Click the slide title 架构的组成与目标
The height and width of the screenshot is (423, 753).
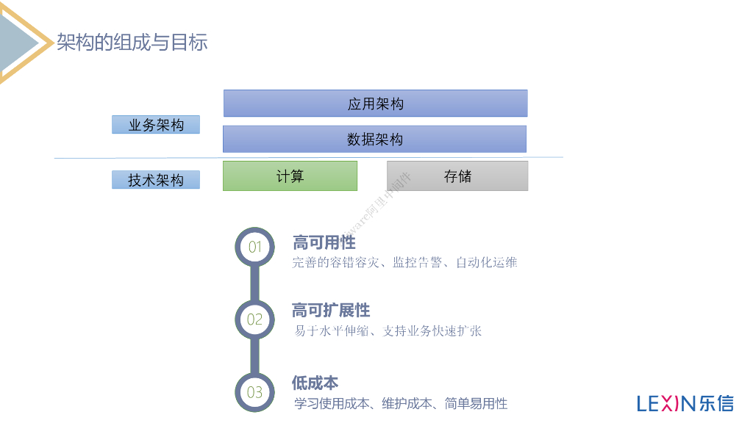click(x=132, y=42)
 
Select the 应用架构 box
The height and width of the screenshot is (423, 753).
click(x=375, y=104)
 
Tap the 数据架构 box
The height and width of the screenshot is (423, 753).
click(x=374, y=140)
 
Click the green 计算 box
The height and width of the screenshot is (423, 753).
click(x=290, y=176)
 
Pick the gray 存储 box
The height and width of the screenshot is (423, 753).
click(x=457, y=176)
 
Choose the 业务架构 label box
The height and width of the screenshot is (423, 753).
click(x=156, y=125)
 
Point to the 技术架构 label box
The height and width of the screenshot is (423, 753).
click(x=156, y=180)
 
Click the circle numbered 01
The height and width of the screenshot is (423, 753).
click(x=254, y=247)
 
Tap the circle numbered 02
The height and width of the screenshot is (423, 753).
click(x=254, y=319)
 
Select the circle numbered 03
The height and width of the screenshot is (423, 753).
click(x=254, y=392)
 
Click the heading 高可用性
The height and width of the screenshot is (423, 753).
click(x=324, y=242)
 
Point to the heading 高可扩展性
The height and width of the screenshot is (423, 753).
click(x=330, y=311)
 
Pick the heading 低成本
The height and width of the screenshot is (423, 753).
click(x=315, y=383)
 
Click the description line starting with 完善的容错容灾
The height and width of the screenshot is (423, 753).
click(x=404, y=262)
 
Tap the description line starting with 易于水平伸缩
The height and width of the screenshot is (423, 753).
click(x=388, y=331)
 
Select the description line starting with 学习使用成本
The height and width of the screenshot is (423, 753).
click(x=401, y=403)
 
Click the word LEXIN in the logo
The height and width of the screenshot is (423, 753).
click(x=665, y=403)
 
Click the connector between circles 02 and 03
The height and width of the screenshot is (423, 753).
click(x=254, y=356)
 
